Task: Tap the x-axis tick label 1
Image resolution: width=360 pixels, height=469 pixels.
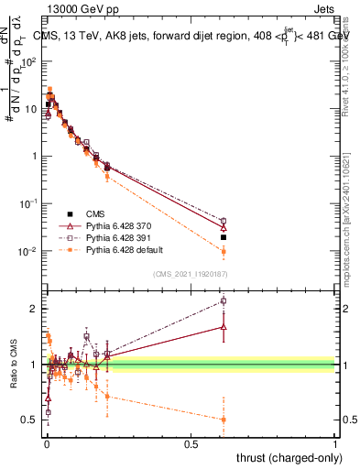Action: point(335,443)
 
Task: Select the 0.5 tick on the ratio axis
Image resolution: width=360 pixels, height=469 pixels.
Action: point(30,420)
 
